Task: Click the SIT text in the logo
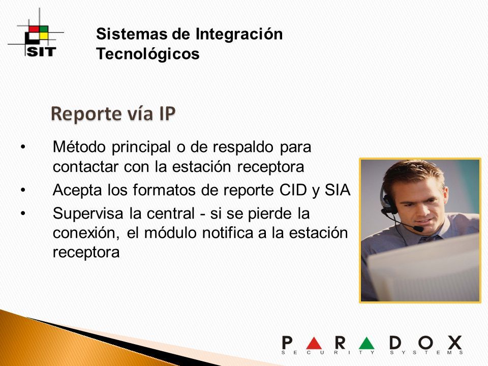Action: [x=41, y=52]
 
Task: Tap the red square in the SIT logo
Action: [x=34, y=29]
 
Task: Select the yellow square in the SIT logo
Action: [x=44, y=36]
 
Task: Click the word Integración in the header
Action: [x=239, y=34]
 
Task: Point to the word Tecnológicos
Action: [x=148, y=54]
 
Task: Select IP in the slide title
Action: [x=167, y=113]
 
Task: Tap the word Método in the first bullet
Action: [x=79, y=146]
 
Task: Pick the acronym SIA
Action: [x=338, y=190]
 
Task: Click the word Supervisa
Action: [x=88, y=214]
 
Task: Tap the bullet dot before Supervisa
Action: [x=23, y=213]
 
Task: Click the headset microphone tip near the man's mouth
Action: [x=418, y=229]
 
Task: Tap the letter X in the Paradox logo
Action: [x=454, y=343]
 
